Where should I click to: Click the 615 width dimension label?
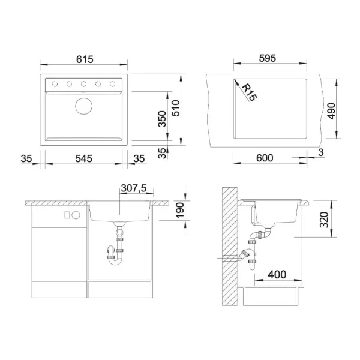85,59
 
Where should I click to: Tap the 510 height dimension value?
176,108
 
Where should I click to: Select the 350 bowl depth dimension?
162,119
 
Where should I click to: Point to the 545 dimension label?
83,158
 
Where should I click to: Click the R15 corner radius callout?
250,92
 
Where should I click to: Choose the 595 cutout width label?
268,58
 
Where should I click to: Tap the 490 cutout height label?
331,111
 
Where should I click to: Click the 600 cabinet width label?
265,158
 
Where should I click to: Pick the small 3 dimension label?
321,152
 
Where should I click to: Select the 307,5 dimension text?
134,188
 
